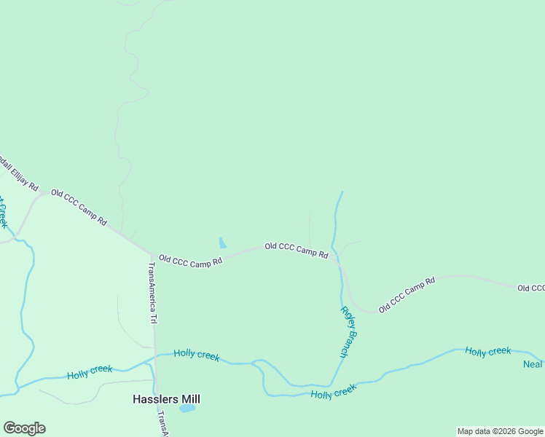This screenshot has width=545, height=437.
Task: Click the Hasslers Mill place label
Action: tap(166, 399)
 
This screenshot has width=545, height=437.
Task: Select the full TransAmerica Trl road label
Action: tap(153, 294)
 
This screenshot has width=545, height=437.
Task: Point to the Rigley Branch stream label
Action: tap(349, 331)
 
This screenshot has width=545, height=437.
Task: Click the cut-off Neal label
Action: tap(533, 363)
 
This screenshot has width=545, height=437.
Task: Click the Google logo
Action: tap(24, 428)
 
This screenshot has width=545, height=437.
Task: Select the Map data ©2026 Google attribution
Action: tap(500, 431)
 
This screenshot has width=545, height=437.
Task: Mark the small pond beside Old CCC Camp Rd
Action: tap(222, 243)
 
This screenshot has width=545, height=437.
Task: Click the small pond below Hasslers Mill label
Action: tap(187, 409)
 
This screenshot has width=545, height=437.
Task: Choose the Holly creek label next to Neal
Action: tap(488, 352)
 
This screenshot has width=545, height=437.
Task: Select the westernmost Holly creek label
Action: tap(90, 373)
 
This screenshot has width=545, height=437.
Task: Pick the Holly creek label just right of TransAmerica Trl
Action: tap(197, 355)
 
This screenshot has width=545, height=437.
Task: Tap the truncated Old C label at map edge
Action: tap(531, 288)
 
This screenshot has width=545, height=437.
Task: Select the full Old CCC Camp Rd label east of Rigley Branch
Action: tap(407, 294)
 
